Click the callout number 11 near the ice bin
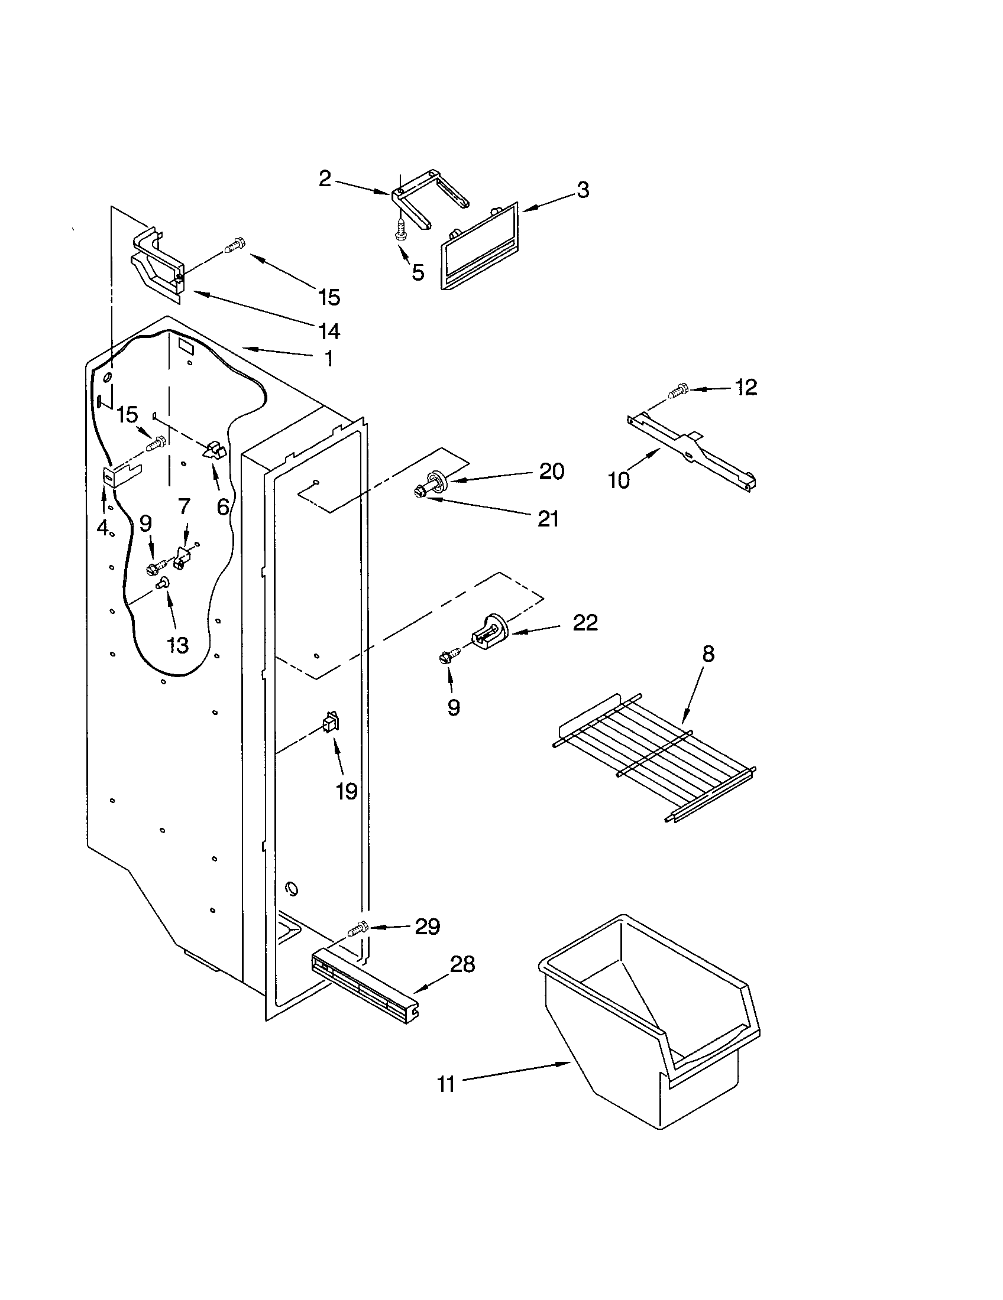[x=446, y=1084]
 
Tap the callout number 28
[x=462, y=964]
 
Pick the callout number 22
[x=584, y=623]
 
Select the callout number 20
[x=552, y=471]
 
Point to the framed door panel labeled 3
[x=480, y=245]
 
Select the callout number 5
[x=418, y=272]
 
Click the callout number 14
[x=329, y=331]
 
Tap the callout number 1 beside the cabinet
[x=328, y=358]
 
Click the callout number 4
[x=102, y=526]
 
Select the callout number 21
[x=548, y=518]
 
